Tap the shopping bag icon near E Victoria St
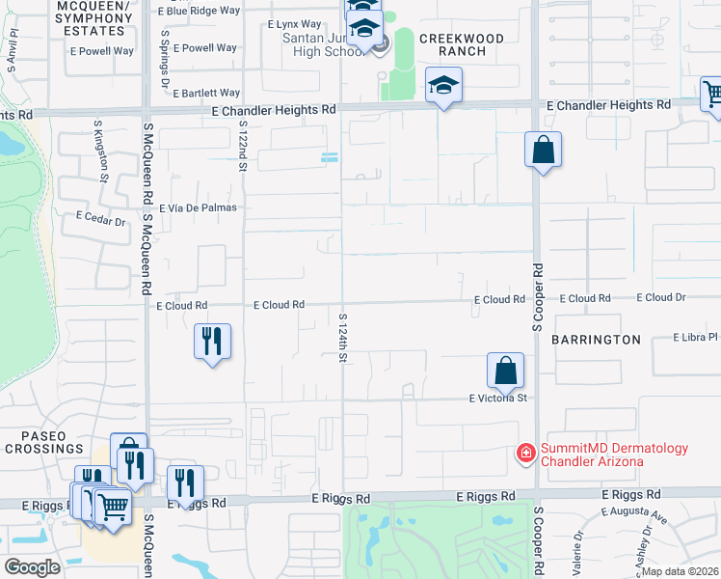(x=505, y=369)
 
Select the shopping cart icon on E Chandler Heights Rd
(x=711, y=95)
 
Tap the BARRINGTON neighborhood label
(x=596, y=340)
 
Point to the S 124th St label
(x=342, y=337)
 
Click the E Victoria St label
(x=498, y=398)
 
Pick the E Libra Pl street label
(x=696, y=338)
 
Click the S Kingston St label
(x=101, y=151)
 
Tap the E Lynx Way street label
(x=294, y=23)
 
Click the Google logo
(x=32, y=566)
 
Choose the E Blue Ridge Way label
(x=198, y=11)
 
